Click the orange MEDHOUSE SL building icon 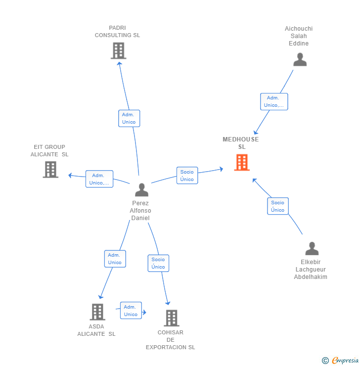242,162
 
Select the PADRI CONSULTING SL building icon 118,50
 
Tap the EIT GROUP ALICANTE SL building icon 50,169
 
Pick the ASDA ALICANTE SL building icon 97,312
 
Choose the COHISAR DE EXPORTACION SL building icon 172,318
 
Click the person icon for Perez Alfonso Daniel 141,190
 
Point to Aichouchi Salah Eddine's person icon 300,59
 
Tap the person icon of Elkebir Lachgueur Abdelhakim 312,248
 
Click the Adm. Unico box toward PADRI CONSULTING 129,118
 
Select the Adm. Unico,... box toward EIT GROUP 99,179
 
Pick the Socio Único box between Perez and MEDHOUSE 187,176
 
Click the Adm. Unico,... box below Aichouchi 274,101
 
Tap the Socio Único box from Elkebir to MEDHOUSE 277,206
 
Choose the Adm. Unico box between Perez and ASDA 115,259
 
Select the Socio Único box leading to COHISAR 158,263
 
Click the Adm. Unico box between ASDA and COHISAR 131,311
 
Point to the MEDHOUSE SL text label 241,143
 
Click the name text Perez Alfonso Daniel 140,211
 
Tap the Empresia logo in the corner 340,361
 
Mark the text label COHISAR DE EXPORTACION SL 171,340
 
